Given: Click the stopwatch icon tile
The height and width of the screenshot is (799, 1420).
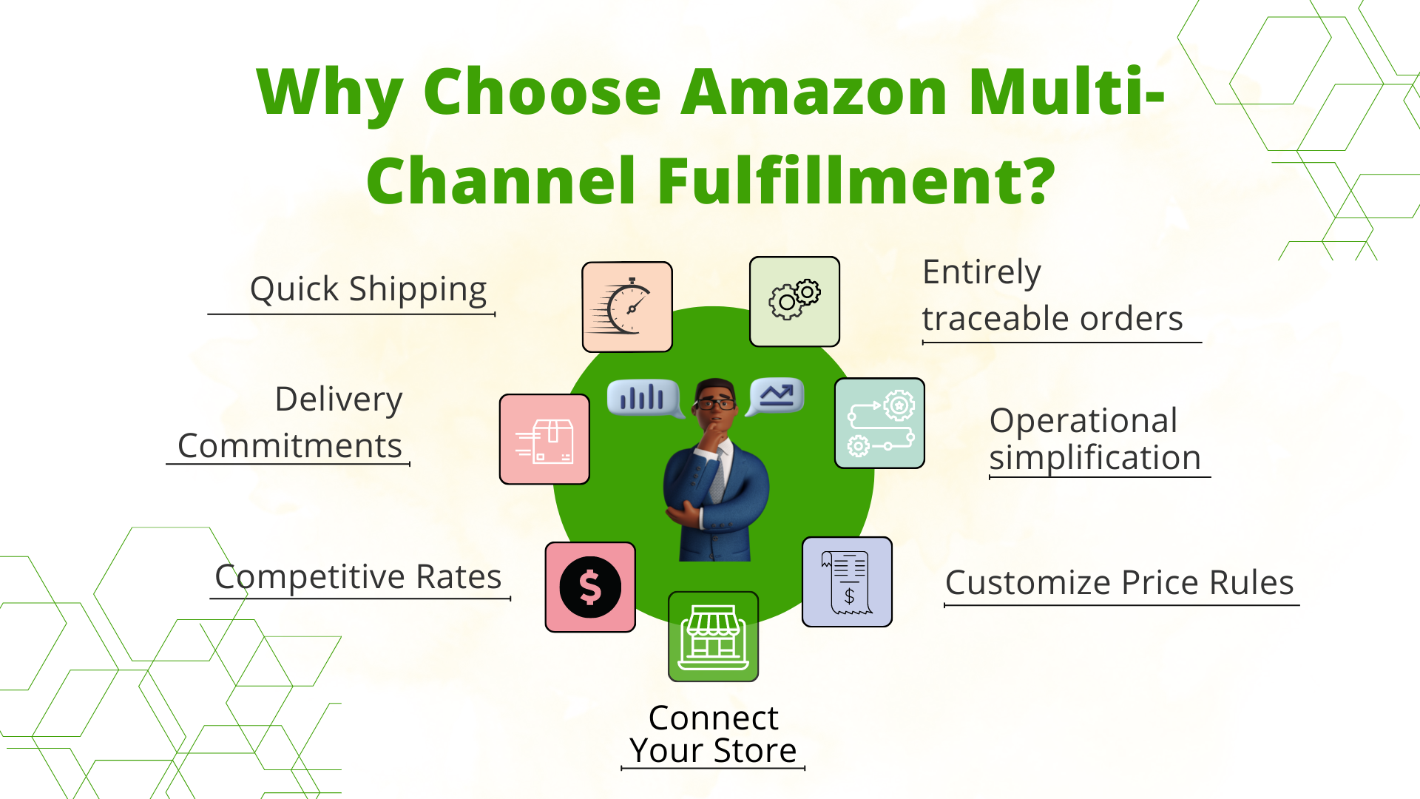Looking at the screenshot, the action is tap(627, 307).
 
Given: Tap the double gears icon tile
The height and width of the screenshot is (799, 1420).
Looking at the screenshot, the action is tap(794, 302).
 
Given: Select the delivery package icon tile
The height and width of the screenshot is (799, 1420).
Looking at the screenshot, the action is tap(544, 439).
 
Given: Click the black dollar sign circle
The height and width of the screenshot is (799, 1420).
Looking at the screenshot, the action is tap(590, 587).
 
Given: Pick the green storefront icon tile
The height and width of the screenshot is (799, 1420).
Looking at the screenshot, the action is tap(713, 636).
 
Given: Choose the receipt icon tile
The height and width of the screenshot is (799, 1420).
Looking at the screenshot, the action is tap(847, 582).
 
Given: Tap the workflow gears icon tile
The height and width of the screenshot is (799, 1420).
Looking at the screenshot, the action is tap(879, 423).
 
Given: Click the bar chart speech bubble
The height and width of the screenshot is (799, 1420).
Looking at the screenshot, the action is tap(642, 398).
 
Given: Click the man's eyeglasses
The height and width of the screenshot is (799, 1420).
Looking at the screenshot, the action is tap(714, 403).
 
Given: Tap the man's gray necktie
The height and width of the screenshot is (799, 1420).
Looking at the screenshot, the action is tap(717, 477).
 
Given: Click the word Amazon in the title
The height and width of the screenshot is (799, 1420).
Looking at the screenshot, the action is tap(814, 92).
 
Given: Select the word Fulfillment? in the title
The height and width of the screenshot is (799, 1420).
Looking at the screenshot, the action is tap(856, 181).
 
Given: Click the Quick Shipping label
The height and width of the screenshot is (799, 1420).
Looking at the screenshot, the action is tap(368, 289).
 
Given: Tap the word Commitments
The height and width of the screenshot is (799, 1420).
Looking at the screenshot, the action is tap(290, 446).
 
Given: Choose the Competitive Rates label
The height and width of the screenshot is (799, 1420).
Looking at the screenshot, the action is tap(358, 577).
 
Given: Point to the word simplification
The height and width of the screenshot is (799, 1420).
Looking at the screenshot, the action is tap(1095, 458).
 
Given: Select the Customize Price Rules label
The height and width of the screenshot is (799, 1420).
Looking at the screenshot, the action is tap(1119, 583).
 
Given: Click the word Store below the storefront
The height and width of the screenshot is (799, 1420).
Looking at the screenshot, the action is tap(755, 751).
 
